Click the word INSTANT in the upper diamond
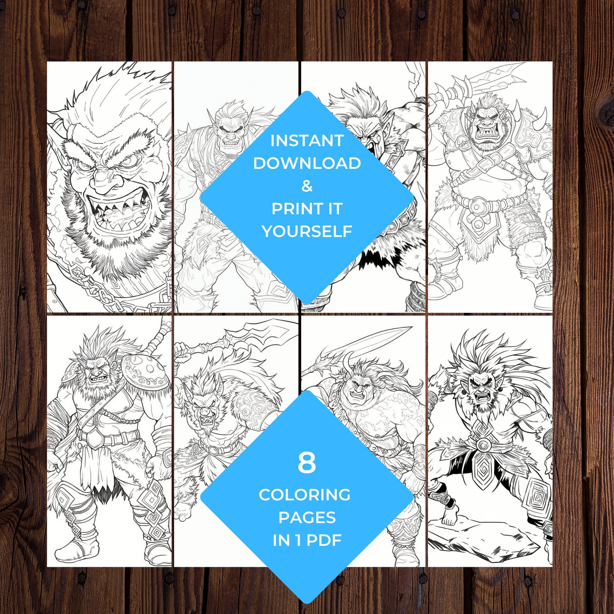pos(307,141)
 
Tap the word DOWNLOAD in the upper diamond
pos(307,163)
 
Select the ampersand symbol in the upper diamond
pos(307,186)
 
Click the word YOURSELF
pos(307,231)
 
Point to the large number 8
pos(307,463)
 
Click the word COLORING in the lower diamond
pos(305,495)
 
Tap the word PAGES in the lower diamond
pos(307,517)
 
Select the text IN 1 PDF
pos(307,540)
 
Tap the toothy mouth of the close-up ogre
pos(116,209)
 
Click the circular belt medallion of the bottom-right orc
pos(482,444)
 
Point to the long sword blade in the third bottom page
pos(371,340)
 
